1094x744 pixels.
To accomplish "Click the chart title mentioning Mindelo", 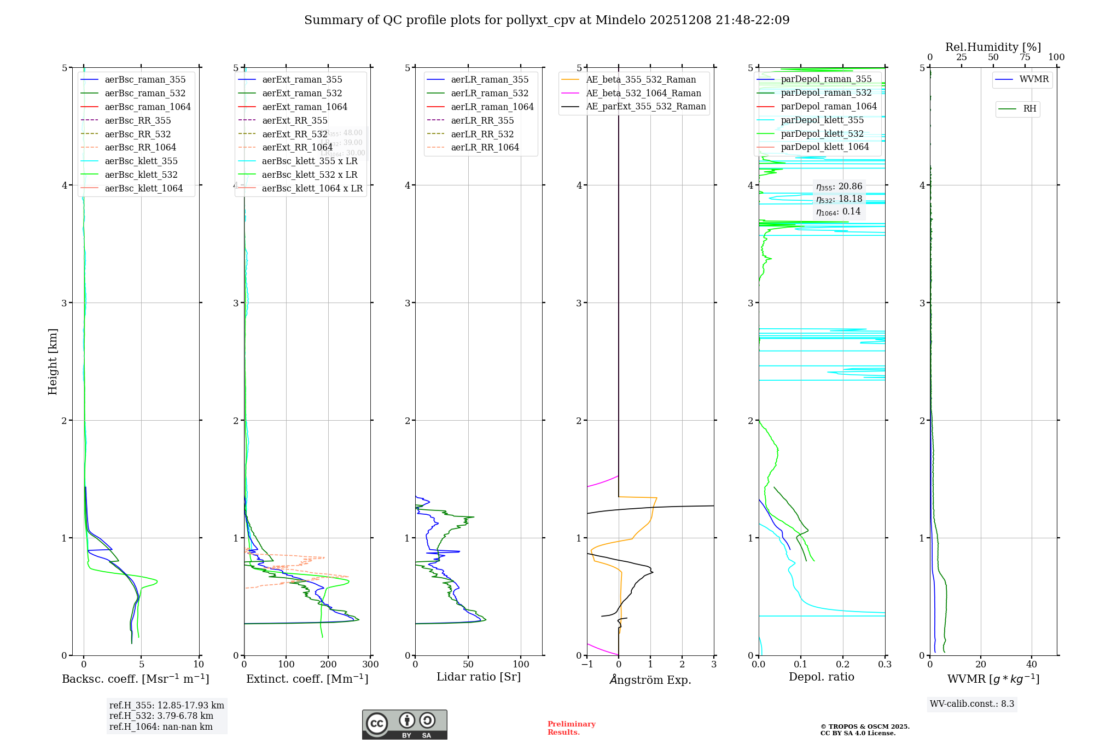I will click(x=546, y=20).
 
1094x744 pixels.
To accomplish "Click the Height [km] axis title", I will click(x=53, y=362).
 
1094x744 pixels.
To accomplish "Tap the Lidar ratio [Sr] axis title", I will click(x=479, y=677).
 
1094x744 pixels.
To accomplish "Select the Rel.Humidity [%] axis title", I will click(x=993, y=47).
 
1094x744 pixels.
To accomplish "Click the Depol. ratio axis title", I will click(x=821, y=677).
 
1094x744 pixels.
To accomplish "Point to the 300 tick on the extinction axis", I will click(x=370, y=665).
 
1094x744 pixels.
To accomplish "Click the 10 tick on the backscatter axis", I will click(x=199, y=665).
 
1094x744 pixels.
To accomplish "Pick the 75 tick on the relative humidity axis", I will click(x=1025, y=57).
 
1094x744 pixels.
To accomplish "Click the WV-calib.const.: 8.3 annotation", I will click(x=972, y=704).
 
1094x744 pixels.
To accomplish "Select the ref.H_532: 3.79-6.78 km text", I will click(x=161, y=716).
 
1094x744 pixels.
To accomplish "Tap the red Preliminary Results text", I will click(x=571, y=728).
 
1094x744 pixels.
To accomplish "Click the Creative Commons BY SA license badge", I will click(x=404, y=725).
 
